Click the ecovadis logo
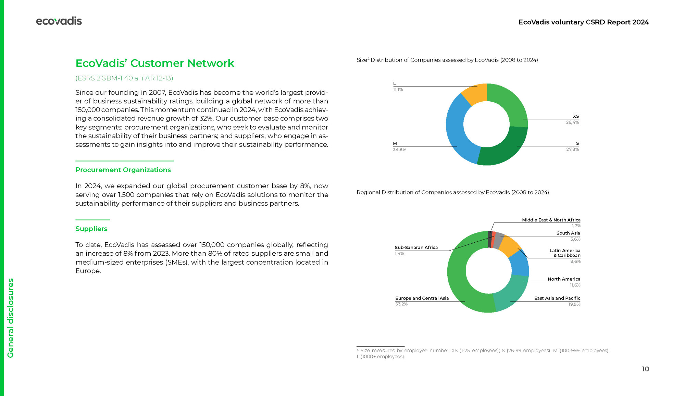[x=59, y=21]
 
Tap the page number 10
[x=645, y=369]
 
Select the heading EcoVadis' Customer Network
[x=155, y=63]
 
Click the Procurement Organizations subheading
[x=123, y=170]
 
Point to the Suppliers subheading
[x=91, y=229]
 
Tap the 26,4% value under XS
[x=572, y=123]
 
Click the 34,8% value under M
[x=399, y=150]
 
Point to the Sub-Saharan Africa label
[x=416, y=247]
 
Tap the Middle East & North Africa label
[x=551, y=220]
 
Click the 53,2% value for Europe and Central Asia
[x=401, y=304]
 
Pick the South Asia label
[x=568, y=233]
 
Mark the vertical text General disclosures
[x=11, y=318]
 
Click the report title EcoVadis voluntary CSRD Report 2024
[x=583, y=22]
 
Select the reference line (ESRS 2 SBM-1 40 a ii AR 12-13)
[x=124, y=78]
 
